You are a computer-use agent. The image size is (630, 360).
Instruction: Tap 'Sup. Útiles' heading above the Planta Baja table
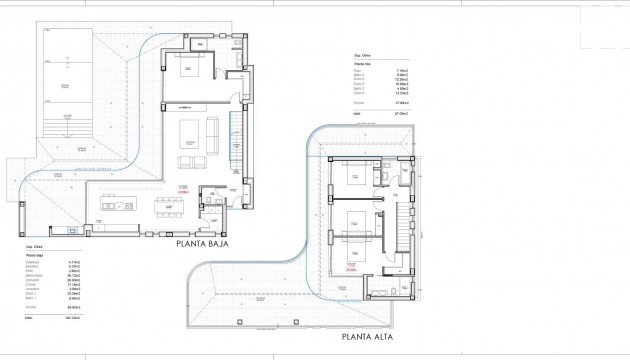tap(36, 246)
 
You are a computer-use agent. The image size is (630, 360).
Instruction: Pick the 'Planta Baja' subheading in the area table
tap(35, 256)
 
